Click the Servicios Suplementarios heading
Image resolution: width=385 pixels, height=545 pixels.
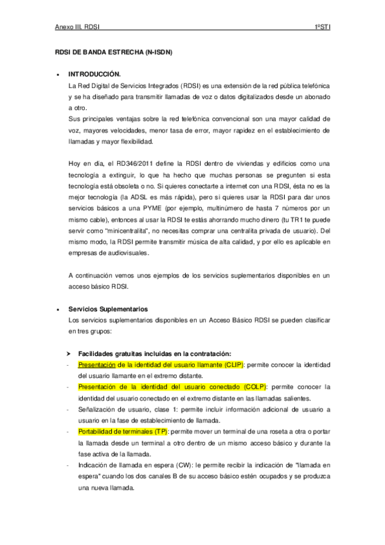[108, 309]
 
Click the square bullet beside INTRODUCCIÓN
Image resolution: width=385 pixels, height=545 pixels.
[58, 75]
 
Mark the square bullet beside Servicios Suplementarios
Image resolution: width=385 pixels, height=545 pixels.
[58, 309]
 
